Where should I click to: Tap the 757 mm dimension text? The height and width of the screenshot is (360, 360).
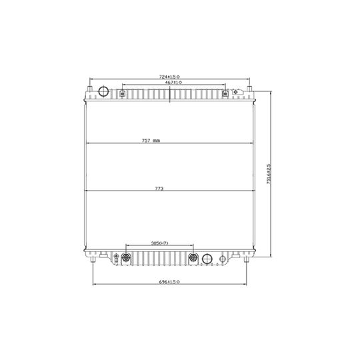[x=151, y=141]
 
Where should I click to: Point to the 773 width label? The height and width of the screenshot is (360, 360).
[x=159, y=189]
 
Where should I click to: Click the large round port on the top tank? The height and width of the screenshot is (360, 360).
[x=103, y=92]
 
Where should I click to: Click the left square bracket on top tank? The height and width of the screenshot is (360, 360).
[x=123, y=93]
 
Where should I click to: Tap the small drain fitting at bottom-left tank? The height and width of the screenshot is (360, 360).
[x=115, y=258]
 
